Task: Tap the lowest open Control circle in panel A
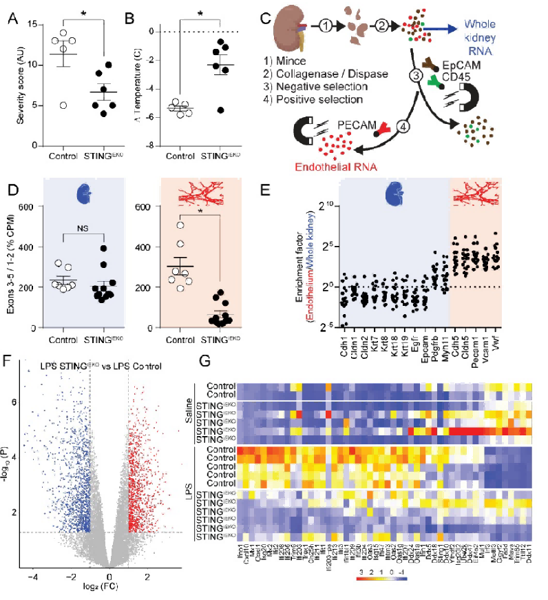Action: [63, 105]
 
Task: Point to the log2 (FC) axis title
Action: [109, 588]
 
